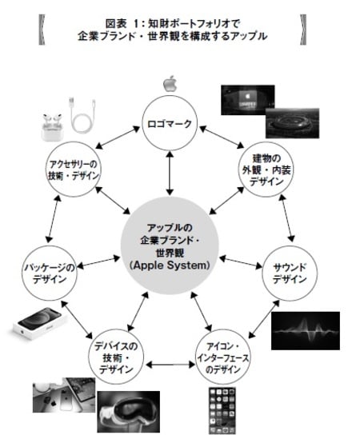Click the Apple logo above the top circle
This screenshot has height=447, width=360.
pos(169,83)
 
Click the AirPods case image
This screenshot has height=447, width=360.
pos(53,123)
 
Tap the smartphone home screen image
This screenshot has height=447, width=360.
pos(226,413)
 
